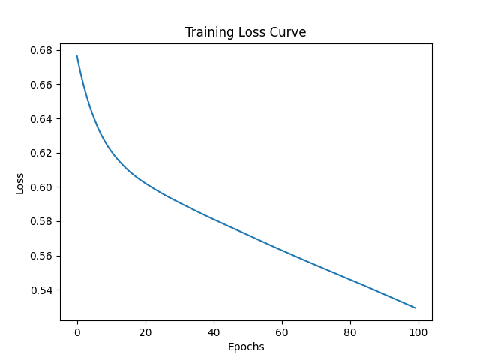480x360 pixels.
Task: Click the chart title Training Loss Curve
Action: pos(246,33)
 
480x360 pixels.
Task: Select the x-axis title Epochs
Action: pos(246,347)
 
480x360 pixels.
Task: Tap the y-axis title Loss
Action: pos(19,183)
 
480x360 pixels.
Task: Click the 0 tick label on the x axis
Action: pos(77,332)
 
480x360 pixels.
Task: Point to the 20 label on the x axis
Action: pos(145,332)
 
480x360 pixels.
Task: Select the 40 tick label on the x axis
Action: pos(214,332)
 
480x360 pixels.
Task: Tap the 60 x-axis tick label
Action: pos(282,332)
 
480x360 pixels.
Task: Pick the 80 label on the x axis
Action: pos(350,332)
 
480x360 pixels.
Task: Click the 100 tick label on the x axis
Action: pos(418,332)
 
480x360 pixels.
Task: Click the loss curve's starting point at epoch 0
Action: pos(77,55)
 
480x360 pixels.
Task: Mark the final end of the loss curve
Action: pos(415,307)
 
